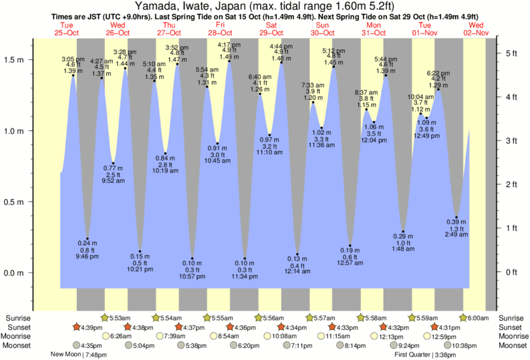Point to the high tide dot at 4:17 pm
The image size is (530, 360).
click(x=229, y=61)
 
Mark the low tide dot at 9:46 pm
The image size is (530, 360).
click(x=87, y=238)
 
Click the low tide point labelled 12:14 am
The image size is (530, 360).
click(x=297, y=254)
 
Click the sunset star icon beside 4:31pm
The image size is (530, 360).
click(x=434, y=327)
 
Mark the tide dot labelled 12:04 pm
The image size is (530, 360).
click(x=374, y=122)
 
